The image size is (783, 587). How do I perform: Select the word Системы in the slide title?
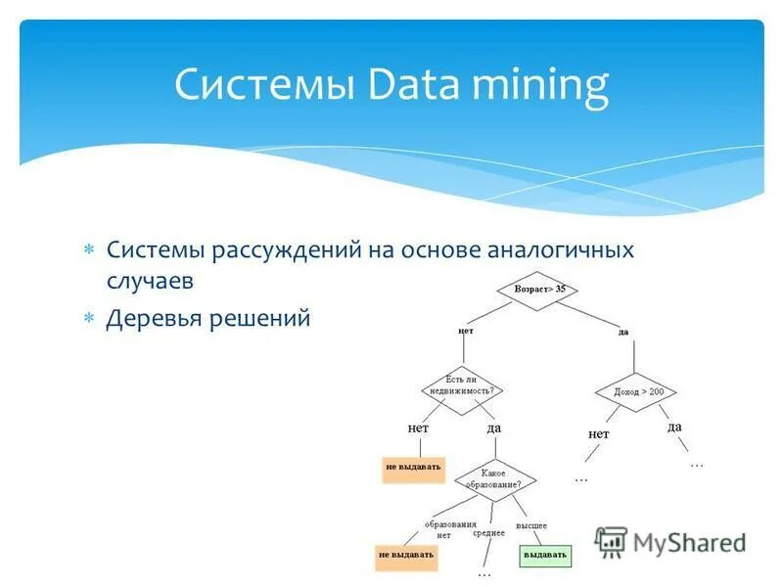264,86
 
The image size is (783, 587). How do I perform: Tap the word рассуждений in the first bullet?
284,251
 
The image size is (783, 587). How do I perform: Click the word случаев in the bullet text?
151,282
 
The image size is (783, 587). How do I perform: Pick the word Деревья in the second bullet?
157,318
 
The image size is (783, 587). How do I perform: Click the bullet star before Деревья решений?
88,318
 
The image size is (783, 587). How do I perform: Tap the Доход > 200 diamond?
637,391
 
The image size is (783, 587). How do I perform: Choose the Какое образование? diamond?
494,479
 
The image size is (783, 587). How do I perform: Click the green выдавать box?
544,555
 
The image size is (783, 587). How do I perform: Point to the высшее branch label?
531,525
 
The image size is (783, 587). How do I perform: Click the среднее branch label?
488,533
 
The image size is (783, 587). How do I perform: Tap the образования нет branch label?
443,529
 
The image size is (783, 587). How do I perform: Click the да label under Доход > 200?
675,427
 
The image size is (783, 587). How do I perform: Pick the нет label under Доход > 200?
599,433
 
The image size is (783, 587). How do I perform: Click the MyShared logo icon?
611,541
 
